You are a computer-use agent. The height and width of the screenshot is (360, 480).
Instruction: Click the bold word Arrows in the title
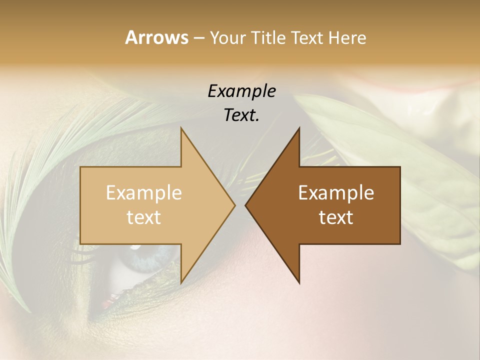click(156, 37)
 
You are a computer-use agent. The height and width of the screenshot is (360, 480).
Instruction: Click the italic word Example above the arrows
click(241, 91)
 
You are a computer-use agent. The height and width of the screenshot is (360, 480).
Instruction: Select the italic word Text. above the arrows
click(241, 115)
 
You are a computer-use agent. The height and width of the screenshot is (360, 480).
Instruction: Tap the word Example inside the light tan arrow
click(144, 193)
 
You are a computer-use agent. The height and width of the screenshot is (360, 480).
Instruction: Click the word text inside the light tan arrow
click(144, 217)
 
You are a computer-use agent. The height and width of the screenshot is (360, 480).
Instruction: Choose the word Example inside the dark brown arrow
click(336, 193)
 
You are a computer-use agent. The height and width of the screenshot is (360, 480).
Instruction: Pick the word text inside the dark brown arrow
click(336, 217)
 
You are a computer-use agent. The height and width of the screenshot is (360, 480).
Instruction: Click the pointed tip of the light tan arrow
click(234, 205)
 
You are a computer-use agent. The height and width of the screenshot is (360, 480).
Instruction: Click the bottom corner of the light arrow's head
click(181, 282)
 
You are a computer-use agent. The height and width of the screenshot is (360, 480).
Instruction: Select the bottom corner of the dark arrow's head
click(299, 282)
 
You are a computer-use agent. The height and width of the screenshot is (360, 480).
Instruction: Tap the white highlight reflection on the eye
click(134, 247)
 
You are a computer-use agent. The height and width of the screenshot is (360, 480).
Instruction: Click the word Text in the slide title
click(307, 38)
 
